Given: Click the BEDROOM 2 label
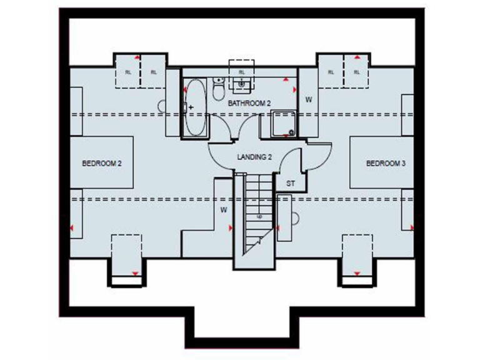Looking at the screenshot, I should coord(101,163).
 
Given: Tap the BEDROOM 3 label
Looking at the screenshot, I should coord(386,163).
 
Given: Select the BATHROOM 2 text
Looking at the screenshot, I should coord(249,103).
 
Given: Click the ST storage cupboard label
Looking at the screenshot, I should coord(290,184).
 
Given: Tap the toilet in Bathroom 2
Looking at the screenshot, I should coord(217,91).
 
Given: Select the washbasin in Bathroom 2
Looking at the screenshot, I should coord(241,83).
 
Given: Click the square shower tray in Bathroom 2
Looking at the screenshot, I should coord(282,124).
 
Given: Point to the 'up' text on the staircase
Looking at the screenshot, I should coord(258,217).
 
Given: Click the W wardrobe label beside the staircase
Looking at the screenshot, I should coord(223,210).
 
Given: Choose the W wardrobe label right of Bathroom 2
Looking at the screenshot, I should coord(308,99).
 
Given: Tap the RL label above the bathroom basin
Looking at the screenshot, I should coord(242,72).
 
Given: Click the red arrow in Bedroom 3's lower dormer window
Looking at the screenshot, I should coord(356,273).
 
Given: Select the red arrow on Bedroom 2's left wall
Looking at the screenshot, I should coord(72,227).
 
